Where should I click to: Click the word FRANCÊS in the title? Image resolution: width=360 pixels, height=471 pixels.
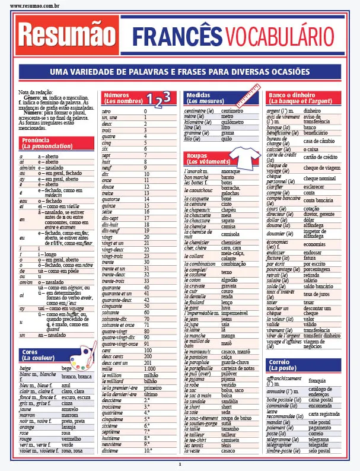pyautogui.click(x=177, y=37)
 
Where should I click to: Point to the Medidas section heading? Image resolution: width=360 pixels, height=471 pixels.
pyautogui.click(x=202, y=98)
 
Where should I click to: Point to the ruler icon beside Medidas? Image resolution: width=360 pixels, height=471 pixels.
pyautogui.click(x=249, y=96)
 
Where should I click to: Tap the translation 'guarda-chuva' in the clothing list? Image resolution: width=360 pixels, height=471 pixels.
pyautogui.click(x=234, y=362)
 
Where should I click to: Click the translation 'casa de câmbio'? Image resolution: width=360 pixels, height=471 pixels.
pyautogui.click(x=321, y=141)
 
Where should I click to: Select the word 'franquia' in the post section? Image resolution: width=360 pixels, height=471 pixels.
pyautogui.click(x=317, y=380)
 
